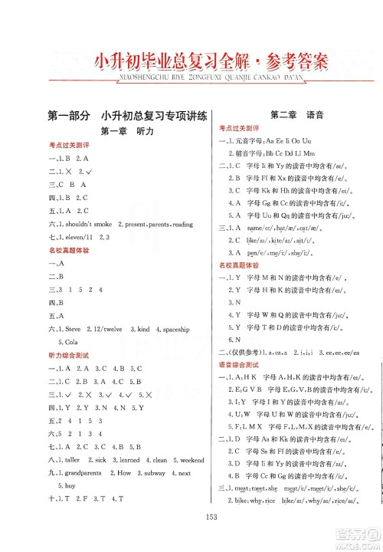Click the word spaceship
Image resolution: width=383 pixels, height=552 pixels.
(177, 328)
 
